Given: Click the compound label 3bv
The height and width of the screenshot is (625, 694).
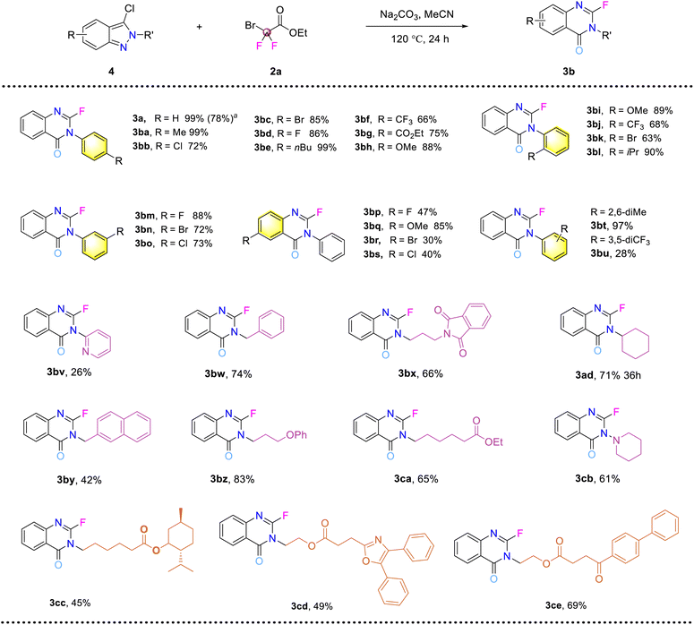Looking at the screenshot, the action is pyautogui.click(x=56, y=372).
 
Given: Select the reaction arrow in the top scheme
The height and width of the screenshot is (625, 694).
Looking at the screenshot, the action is pyautogui.click(x=416, y=27).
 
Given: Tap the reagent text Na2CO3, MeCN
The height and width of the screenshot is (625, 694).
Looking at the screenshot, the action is pyautogui.click(x=416, y=14).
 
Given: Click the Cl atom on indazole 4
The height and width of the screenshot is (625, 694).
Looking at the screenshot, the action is pyautogui.click(x=129, y=9).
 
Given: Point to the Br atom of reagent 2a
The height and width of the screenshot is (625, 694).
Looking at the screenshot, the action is pyautogui.click(x=251, y=25).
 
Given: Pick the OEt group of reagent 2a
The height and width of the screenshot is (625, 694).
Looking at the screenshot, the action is pyautogui.click(x=298, y=33).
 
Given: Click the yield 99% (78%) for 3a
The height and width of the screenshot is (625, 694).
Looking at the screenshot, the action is pyautogui.click(x=210, y=118).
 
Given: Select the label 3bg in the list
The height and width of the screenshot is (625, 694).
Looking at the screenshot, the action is pyautogui.click(x=364, y=133).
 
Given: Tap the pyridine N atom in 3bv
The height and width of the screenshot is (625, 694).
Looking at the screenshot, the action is pyautogui.click(x=85, y=352).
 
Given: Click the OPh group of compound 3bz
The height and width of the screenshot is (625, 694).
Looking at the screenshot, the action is pyautogui.click(x=296, y=435).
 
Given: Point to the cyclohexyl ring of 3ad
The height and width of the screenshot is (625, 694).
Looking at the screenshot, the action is pyautogui.click(x=636, y=343).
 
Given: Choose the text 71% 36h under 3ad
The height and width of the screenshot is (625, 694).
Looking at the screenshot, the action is pyautogui.click(x=620, y=375).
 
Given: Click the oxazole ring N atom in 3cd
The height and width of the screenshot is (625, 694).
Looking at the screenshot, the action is pyautogui.click(x=378, y=539).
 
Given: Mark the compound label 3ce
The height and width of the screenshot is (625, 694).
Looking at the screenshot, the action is pyautogui.click(x=553, y=605).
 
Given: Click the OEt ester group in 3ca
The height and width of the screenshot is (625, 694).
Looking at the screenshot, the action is pyautogui.click(x=494, y=441).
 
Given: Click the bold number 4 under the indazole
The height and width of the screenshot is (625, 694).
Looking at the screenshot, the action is pyautogui.click(x=111, y=71).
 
